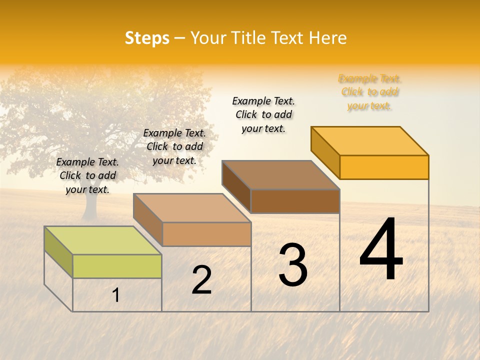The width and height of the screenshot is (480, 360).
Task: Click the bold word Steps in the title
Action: [x=147, y=38]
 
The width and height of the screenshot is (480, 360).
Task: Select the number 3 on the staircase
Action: [x=293, y=265]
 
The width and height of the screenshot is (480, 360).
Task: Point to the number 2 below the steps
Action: [x=201, y=280]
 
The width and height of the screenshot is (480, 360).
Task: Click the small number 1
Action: [x=116, y=295]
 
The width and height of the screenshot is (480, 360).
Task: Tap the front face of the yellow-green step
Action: [x=117, y=266]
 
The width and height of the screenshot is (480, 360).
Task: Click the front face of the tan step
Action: [x=206, y=234]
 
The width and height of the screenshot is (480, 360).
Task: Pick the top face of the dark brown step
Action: [x=280, y=175]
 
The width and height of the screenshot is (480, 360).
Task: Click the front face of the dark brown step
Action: [x=295, y=201]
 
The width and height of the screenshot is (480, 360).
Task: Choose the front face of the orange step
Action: [x=384, y=167]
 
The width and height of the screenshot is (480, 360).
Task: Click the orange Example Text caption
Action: [x=369, y=92]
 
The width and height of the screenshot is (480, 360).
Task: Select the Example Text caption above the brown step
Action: [x=263, y=114]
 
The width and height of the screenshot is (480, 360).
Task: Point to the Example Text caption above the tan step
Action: [x=174, y=146]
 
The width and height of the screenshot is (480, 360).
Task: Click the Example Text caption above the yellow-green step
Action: [x=87, y=175]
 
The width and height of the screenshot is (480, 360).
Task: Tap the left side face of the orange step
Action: [x=325, y=152]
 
